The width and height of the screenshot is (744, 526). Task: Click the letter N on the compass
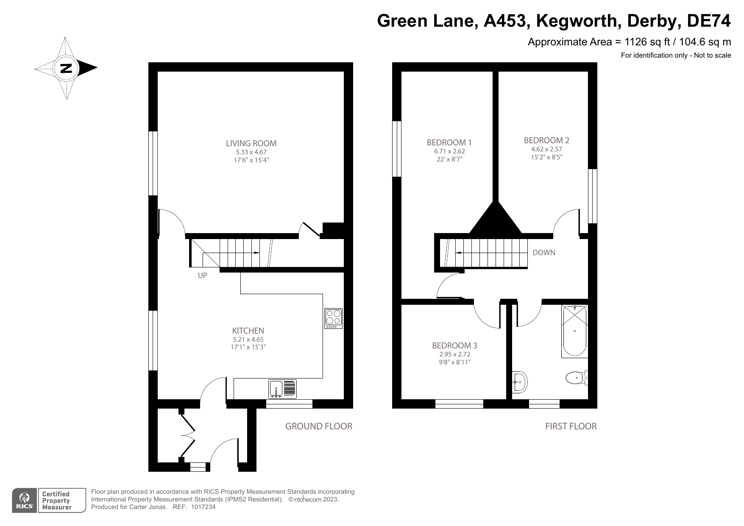tap(66, 68)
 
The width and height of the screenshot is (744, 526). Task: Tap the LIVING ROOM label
tap(251, 143)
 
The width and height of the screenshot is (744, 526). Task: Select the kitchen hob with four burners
tap(333, 318)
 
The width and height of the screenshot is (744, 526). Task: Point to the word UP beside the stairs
tap(203, 276)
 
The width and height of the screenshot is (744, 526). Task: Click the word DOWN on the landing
tap(544, 253)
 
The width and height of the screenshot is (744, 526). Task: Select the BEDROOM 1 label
tap(449, 142)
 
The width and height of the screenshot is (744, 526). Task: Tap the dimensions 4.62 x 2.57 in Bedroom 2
tap(546, 149)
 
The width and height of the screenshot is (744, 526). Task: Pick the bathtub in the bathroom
tap(574, 331)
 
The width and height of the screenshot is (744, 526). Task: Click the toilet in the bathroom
tap(576, 377)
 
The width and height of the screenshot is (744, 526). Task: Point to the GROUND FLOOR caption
tap(318, 426)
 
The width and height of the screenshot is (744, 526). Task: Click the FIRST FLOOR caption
tap(571, 426)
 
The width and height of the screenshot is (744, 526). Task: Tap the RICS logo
tap(24, 501)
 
